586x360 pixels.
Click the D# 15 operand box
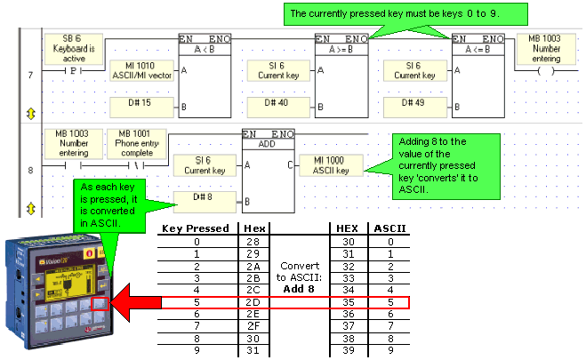141,108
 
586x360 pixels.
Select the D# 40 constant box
278,108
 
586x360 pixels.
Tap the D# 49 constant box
415,108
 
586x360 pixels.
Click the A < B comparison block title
205,49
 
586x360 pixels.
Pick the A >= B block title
341,49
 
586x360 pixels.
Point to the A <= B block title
478,49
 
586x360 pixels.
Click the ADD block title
268,144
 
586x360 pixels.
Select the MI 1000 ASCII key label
331,165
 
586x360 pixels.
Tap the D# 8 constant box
205,202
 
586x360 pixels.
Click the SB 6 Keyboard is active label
74,49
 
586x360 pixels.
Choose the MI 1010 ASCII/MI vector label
141,70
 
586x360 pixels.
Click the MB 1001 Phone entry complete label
137,143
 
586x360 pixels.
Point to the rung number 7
30,75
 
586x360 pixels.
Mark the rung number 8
30,171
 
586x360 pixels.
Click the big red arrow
136,302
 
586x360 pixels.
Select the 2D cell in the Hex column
253,302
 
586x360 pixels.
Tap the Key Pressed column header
196,228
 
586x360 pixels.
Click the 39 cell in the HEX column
349,350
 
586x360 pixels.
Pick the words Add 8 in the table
299,289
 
